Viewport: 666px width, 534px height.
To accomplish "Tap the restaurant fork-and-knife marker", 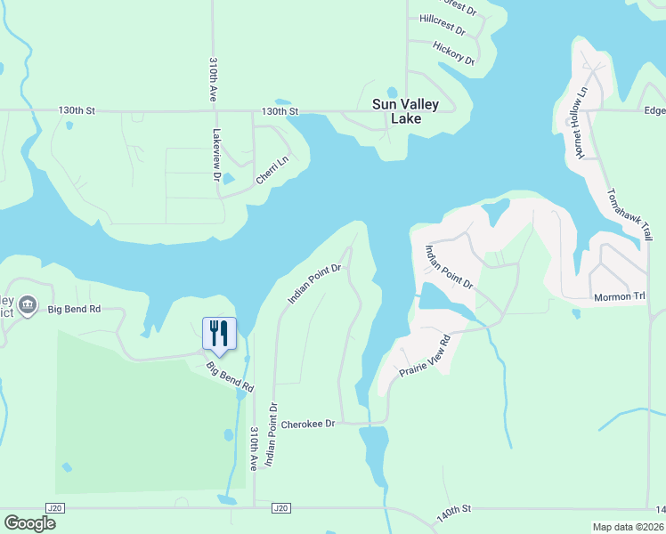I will pyautogui.click(x=219, y=334).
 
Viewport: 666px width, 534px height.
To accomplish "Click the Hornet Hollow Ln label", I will pyautogui.click(x=580, y=123).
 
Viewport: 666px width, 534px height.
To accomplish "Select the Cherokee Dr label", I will pyautogui.click(x=307, y=425).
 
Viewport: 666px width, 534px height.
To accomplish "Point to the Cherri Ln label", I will pyautogui.click(x=272, y=170).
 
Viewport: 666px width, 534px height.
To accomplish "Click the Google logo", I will pyautogui.click(x=29, y=523).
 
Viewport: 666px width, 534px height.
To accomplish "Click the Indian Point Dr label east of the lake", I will pyautogui.click(x=448, y=266).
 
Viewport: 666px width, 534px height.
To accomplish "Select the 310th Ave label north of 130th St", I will pyautogui.click(x=214, y=80).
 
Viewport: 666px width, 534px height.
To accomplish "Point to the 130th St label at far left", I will pyautogui.click(x=77, y=111).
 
